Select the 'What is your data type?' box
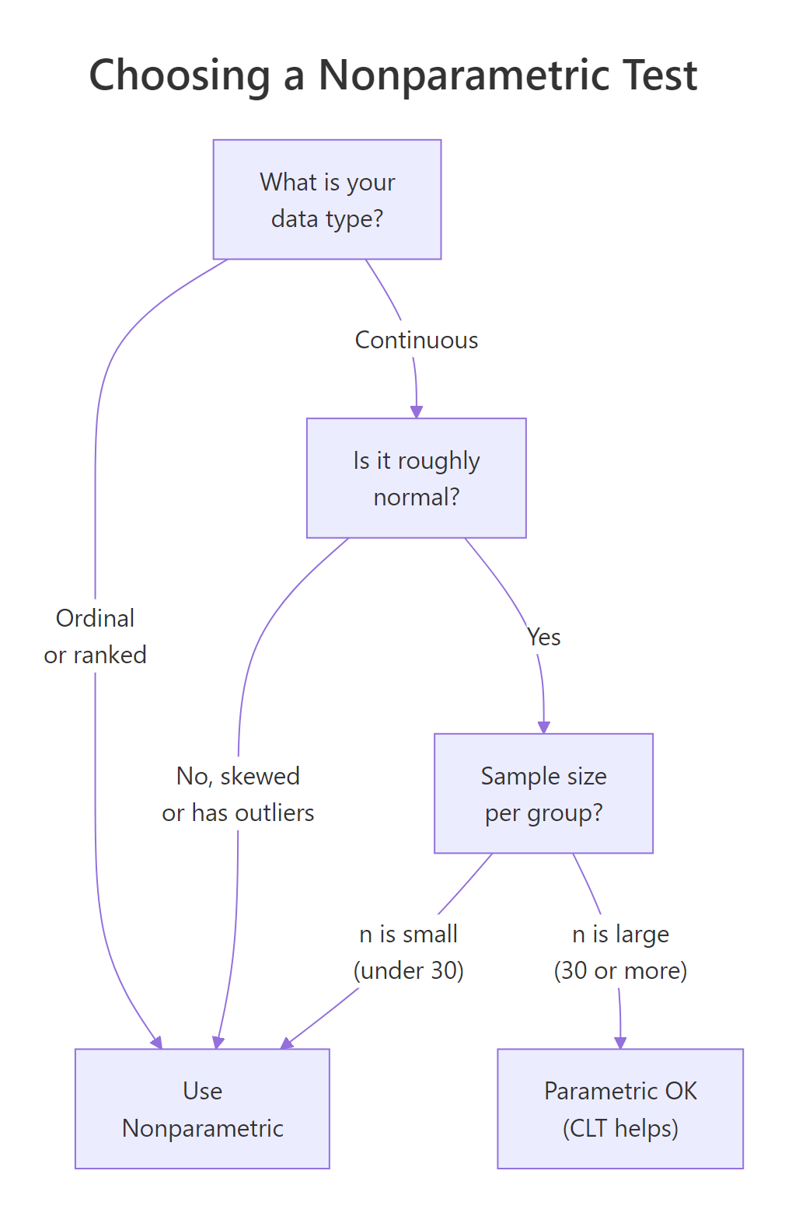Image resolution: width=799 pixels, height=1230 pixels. click(x=327, y=200)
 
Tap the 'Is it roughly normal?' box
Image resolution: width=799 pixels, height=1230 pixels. click(x=417, y=478)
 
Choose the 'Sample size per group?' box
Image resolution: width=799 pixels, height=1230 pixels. click(x=543, y=794)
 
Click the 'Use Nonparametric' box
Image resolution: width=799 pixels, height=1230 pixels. click(x=202, y=1109)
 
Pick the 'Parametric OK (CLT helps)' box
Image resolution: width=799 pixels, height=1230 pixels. click(x=620, y=1109)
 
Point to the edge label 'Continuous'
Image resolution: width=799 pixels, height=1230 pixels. click(x=417, y=340)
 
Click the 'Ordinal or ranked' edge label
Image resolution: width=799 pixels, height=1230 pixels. click(x=95, y=636)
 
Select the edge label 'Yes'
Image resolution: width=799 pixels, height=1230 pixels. click(x=543, y=637)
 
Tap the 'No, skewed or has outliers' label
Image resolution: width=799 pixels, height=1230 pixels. click(x=238, y=794)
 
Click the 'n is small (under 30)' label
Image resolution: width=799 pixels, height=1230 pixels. click(x=408, y=952)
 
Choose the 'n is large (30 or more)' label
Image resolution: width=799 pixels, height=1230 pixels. click(x=620, y=952)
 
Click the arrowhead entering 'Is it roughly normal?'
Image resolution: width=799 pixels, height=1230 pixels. click(x=417, y=412)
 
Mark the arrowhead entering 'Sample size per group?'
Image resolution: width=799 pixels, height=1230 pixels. click(x=543, y=727)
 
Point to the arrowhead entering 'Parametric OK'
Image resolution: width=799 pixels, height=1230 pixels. click(x=620, y=1043)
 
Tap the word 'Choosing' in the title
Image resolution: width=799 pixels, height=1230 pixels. click(x=180, y=75)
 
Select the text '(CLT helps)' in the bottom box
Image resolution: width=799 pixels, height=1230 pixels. click(x=620, y=1128)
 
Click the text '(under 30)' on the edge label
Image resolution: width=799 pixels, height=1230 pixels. click(x=408, y=970)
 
